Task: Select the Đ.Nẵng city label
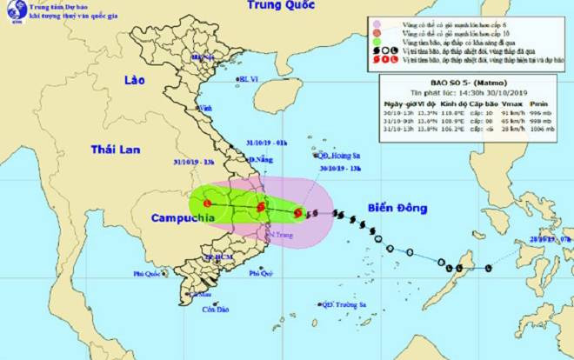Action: [x=262, y=161]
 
